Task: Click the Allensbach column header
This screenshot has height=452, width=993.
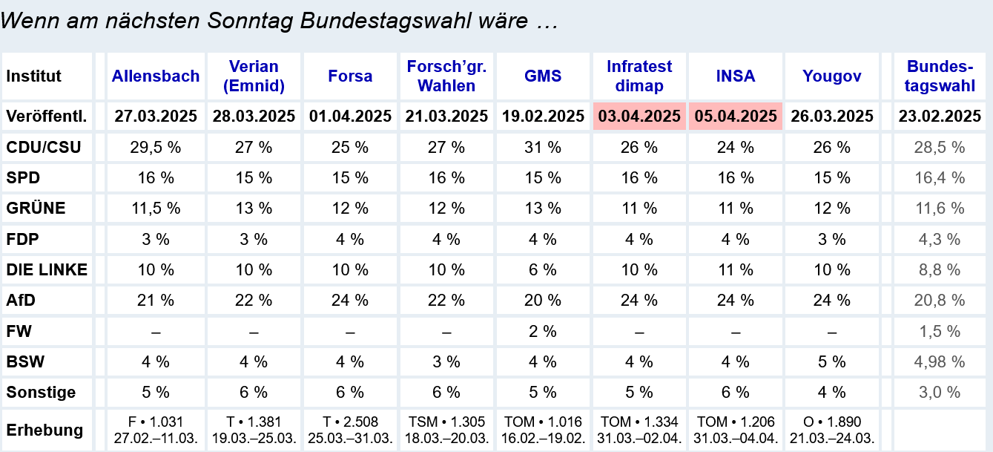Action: [x=156, y=76]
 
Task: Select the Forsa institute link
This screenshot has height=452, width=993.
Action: [x=350, y=76]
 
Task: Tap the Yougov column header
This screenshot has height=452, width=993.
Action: [x=831, y=76]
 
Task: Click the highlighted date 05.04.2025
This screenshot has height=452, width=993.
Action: [x=736, y=117]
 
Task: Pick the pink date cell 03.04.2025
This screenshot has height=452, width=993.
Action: [x=639, y=117]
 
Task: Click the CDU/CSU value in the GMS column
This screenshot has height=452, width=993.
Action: [x=543, y=147]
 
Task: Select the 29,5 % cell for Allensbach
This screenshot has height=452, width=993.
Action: [x=156, y=147]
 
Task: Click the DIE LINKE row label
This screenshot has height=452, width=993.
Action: [x=47, y=270]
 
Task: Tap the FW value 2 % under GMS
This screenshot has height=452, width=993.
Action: [x=543, y=331]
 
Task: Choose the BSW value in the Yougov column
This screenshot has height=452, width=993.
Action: [x=831, y=361]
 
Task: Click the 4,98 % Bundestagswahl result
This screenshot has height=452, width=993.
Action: [x=940, y=361]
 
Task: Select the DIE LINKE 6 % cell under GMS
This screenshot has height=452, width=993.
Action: [x=543, y=270]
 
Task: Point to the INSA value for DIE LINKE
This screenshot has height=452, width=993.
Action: [x=736, y=270]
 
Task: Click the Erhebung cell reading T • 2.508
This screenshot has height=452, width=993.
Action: [x=350, y=422]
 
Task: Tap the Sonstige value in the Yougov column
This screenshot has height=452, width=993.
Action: [x=831, y=392]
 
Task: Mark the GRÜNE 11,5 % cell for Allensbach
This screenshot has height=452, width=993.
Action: [x=156, y=209]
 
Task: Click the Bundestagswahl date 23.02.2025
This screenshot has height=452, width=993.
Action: [x=940, y=117]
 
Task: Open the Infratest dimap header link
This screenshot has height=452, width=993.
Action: [x=639, y=76]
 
